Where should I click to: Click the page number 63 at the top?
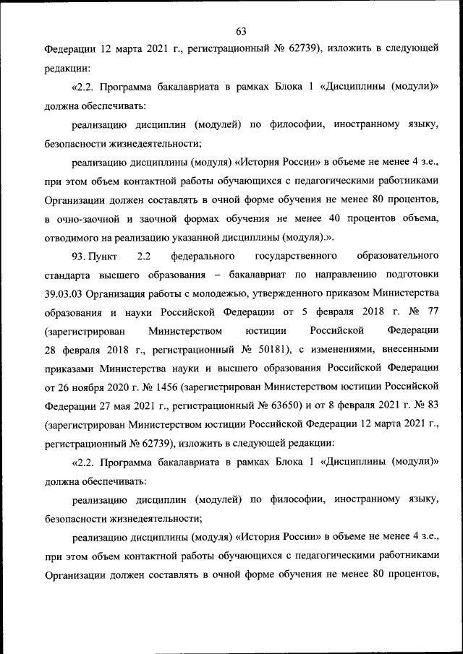pyautogui.click(x=241, y=31)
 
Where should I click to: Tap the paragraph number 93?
pyautogui.click(x=78, y=257)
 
